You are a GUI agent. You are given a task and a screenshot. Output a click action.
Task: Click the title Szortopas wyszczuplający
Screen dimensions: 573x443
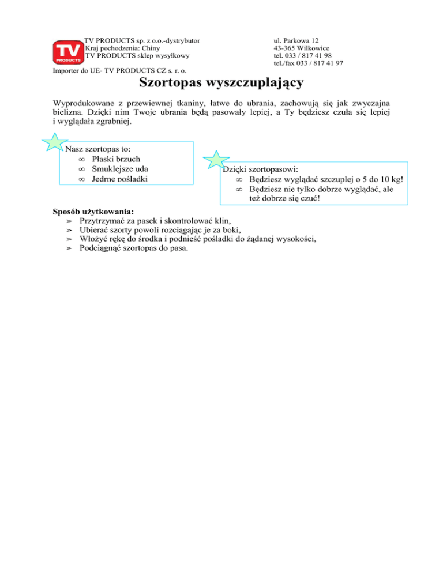pyautogui.click(x=221, y=84)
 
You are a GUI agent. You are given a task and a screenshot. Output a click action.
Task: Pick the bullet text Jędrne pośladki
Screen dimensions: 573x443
pyautogui.click(x=119, y=179)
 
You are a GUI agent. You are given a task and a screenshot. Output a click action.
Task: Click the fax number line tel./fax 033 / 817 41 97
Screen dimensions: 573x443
pyautogui.click(x=309, y=63)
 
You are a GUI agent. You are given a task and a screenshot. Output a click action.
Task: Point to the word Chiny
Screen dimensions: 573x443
pyautogui.click(x=156, y=48)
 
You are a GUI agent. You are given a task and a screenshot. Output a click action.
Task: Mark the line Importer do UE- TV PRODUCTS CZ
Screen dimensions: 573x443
pyautogui.click(x=119, y=71)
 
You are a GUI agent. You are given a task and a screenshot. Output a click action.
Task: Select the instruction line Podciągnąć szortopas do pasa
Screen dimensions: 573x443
pyautogui.click(x=134, y=248)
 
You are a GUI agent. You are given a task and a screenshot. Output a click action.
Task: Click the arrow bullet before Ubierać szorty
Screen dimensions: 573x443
pyautogui.click(x=69, y=230)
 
